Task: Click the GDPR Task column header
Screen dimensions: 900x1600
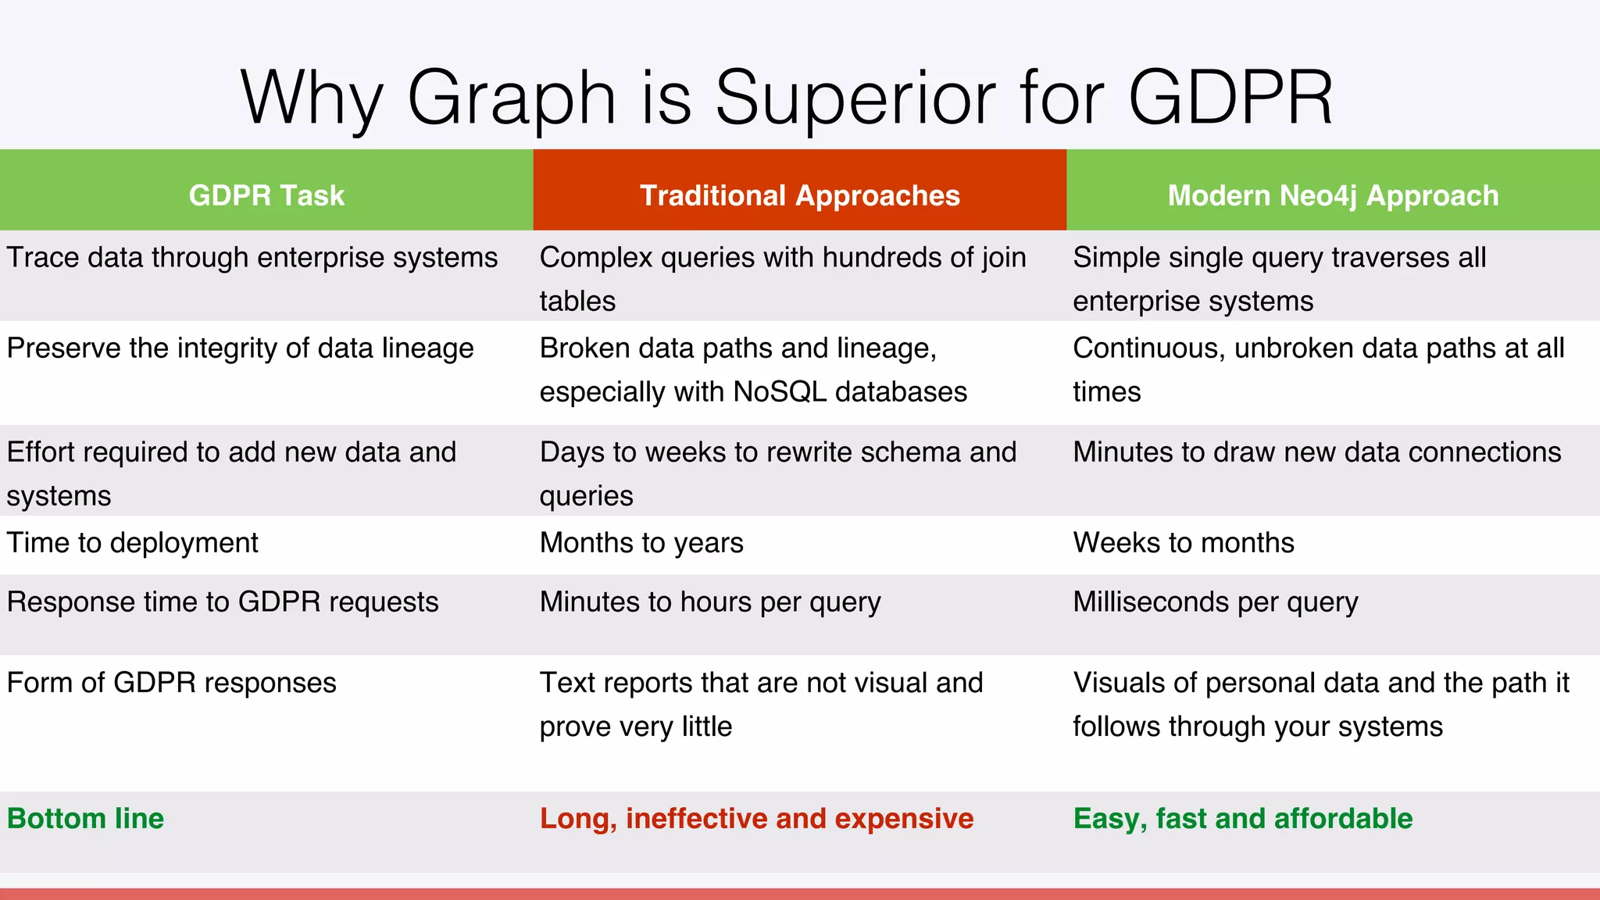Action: [266, 195]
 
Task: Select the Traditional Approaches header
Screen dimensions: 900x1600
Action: [799, 195]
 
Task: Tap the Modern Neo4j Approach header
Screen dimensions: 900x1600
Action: [1333, 195]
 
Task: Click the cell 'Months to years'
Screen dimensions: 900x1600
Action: [641, 542]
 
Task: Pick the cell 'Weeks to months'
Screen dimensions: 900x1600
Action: [1183, 542]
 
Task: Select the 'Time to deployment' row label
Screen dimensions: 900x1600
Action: [133, 542]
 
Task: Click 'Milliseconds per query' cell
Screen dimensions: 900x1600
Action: [1215, 602]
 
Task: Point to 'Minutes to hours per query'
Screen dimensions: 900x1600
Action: [709, 602]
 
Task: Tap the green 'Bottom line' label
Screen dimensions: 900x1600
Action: [86, 819]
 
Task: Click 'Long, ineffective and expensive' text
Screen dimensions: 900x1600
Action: [756, 819]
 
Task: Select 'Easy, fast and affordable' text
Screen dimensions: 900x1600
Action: [1242, 819]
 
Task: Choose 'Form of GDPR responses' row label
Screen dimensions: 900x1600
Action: [172, 683]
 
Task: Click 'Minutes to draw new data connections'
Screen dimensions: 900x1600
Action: [1316, 452]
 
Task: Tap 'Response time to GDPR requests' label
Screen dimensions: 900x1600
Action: [223, 602]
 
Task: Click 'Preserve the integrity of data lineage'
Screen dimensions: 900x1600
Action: [240, 348]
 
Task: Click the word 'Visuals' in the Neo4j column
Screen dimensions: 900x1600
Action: [1119, 683]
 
